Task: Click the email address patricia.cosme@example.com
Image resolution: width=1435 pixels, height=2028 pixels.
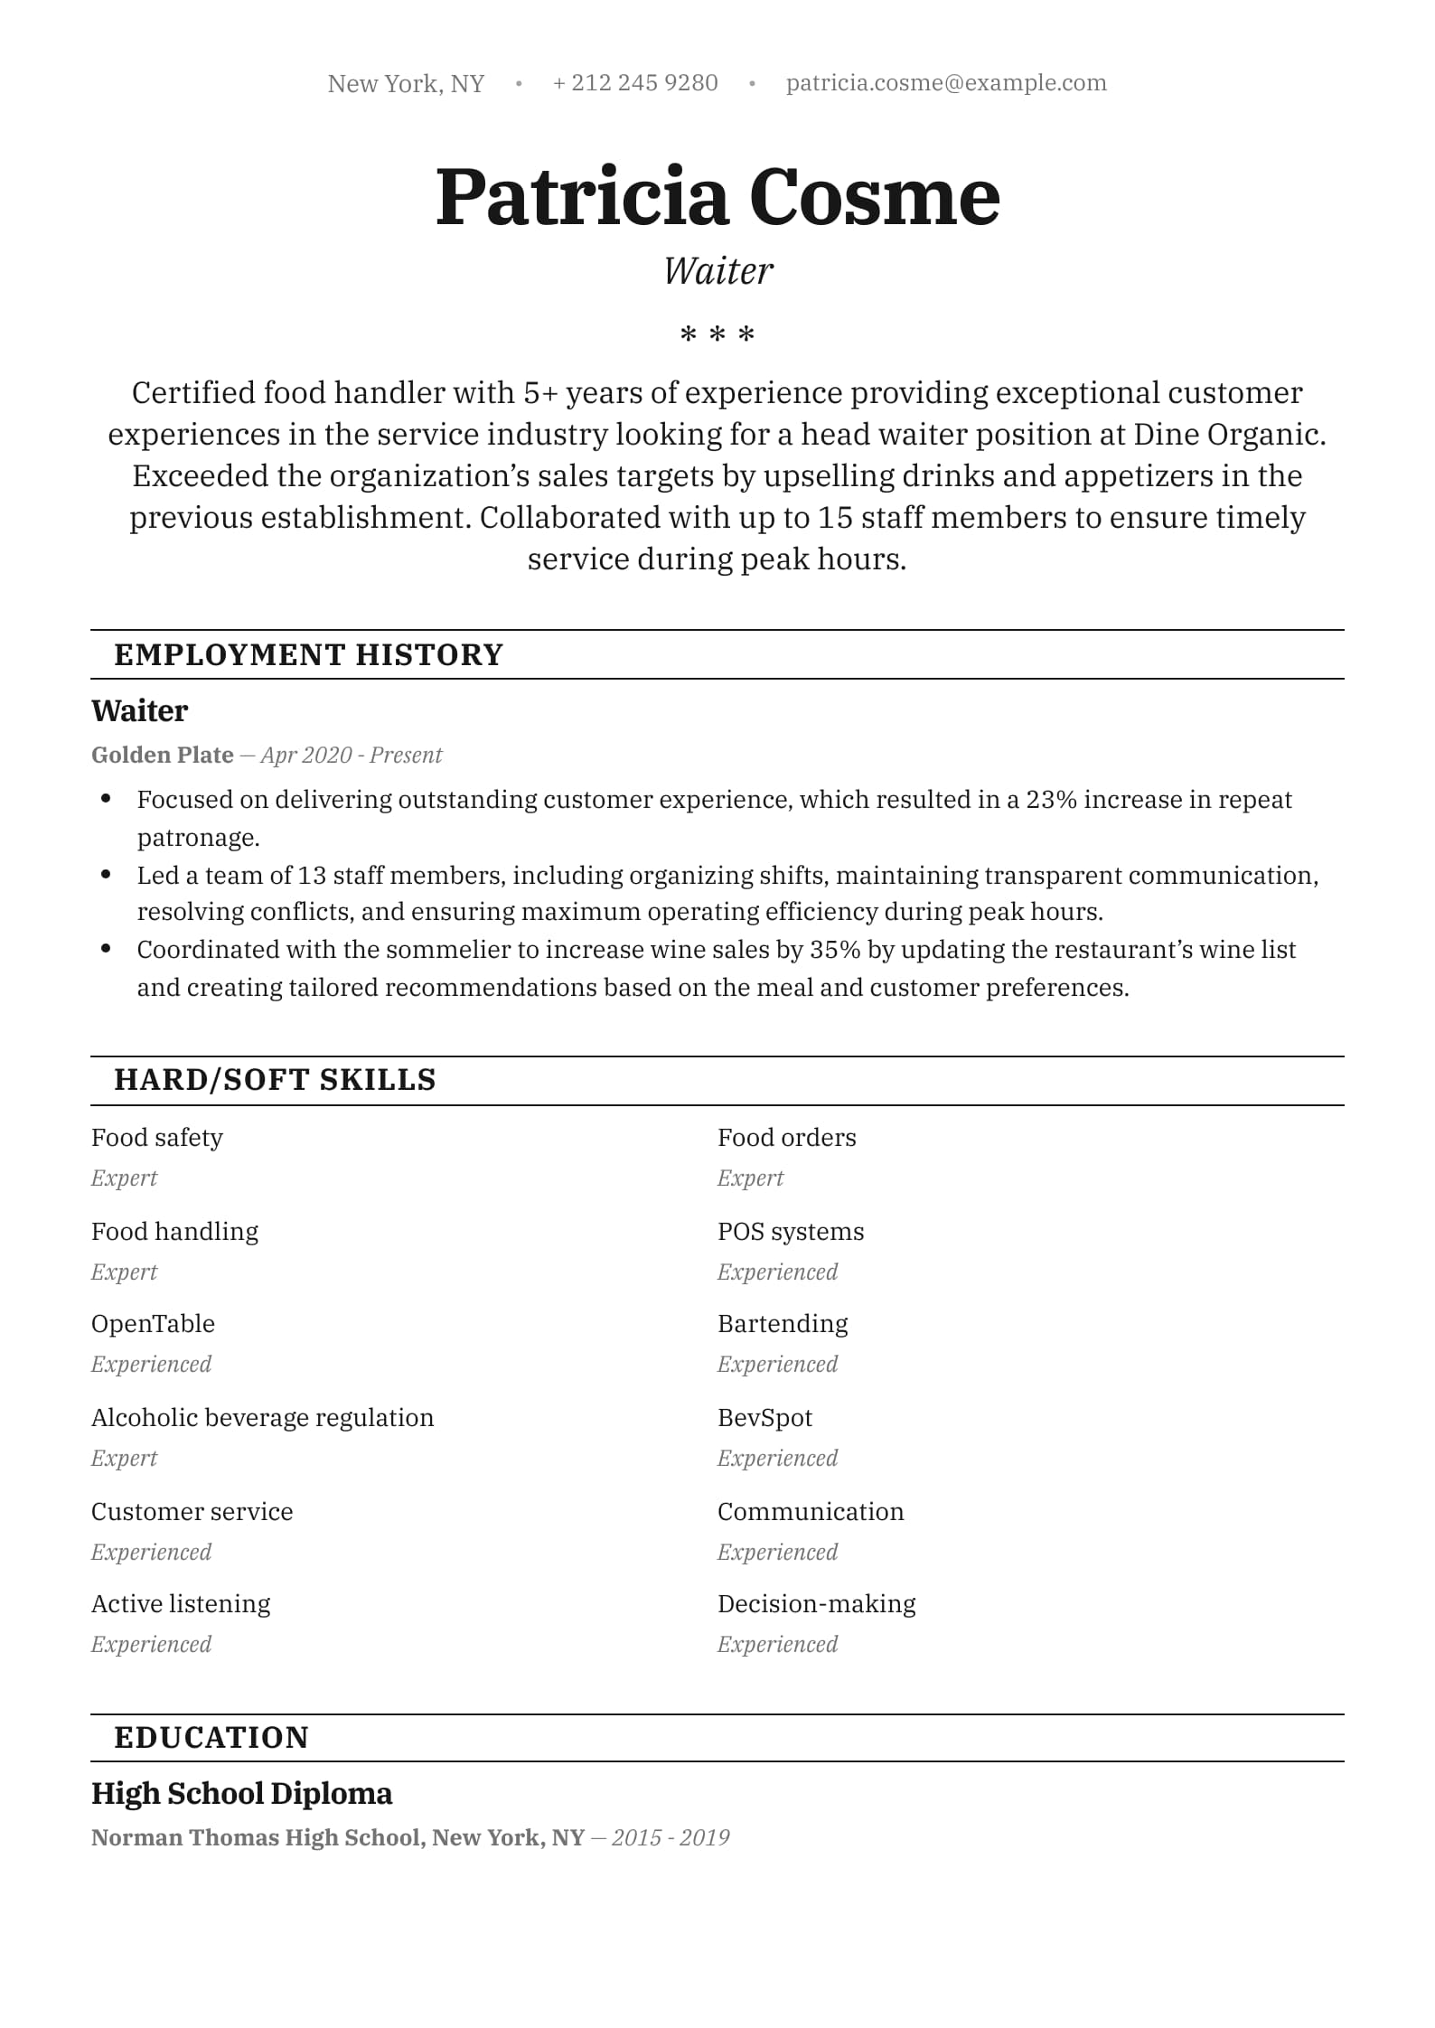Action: coord(945,83)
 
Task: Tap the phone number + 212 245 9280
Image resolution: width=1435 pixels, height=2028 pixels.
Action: coord(635,83)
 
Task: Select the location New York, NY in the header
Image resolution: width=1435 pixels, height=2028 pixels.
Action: coord(406,84)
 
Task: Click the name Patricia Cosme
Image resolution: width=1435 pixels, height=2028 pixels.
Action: coord(717,197)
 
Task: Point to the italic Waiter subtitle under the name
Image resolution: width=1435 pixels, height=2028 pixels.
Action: coord(717,271)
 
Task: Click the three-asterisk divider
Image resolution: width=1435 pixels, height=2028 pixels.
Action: coord(717,335)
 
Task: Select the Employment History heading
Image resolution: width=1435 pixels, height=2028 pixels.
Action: coord(308,654)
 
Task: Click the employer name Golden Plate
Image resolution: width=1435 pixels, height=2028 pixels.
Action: coord(163,755)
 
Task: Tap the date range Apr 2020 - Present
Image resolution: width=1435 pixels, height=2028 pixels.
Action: coord(352,755)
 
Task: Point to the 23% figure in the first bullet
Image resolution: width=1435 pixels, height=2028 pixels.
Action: coord(1051,800)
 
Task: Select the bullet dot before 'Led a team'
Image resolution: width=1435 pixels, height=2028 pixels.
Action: coord(107,875)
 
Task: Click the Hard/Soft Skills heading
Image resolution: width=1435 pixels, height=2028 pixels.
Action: coord(275,1079)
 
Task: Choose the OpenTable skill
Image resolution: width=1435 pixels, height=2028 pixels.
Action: coord(153,1324)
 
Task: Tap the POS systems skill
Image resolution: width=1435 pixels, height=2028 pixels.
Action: coord(791,1232)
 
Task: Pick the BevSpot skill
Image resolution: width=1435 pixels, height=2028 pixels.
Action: coord(764,1418)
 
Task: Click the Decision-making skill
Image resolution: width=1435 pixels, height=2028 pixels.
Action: coord(816,1604)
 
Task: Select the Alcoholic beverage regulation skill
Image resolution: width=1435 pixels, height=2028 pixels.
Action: coord(262,1418)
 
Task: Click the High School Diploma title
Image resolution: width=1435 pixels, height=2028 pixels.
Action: coord(241,1794)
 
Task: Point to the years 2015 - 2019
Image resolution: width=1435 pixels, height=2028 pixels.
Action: coord(671,1837)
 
